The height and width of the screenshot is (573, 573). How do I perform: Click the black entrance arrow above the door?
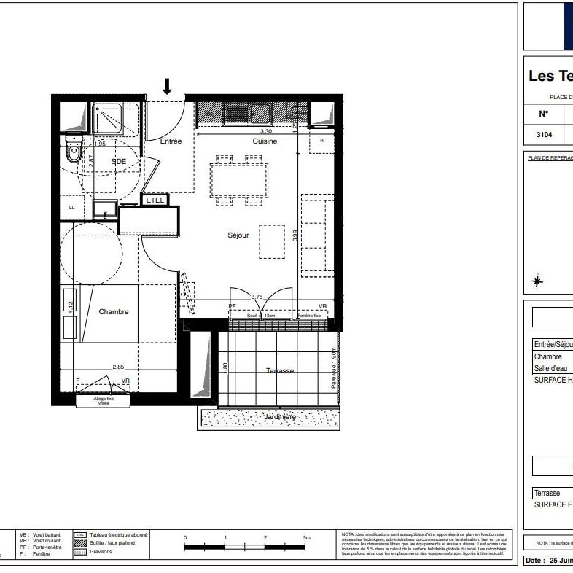click(167, 87)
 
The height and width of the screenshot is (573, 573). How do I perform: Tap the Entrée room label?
click(171, 141)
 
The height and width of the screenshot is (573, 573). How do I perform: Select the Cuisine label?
click(265, 141)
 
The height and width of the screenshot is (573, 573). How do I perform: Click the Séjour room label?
click(238, 235)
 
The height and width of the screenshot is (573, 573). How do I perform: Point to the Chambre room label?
click(114, 312)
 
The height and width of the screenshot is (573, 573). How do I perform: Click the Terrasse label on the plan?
click(280, 371)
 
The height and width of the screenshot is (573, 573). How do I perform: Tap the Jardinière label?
click(280, 417)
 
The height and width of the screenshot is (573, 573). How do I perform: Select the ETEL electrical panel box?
click(155, 200)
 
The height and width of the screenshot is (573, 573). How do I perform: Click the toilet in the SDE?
click(73, 154)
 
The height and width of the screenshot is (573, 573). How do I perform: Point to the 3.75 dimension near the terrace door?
click(257, 297)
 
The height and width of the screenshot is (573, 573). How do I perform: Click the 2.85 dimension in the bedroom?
click(119, 367)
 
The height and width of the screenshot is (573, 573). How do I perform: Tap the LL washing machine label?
click(71, 208)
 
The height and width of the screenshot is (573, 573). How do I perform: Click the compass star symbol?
click(537, 281)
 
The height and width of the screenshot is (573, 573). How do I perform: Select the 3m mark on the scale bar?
click(307, 537)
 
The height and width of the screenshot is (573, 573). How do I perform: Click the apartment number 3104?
click(544, 135)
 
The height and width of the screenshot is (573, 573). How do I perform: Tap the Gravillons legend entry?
click(91, 552)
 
